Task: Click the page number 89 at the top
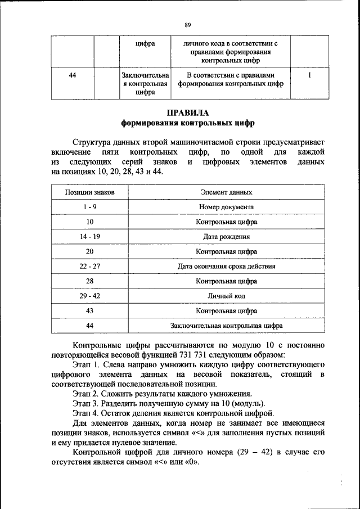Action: pos(188,24)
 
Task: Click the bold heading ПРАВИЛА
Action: pos(188,112)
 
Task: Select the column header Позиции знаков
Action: pos(89,192)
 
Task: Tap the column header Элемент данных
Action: pos(227,192)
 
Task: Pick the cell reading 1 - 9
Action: pos(89,207)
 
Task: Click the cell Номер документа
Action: pos(227,207)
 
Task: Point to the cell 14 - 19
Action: pos(89,237)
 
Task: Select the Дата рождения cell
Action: pos(227,237)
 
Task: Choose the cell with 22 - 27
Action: pos(89,266)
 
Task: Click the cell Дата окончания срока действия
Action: pos(227,266)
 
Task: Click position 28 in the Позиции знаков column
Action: pos(89,281)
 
